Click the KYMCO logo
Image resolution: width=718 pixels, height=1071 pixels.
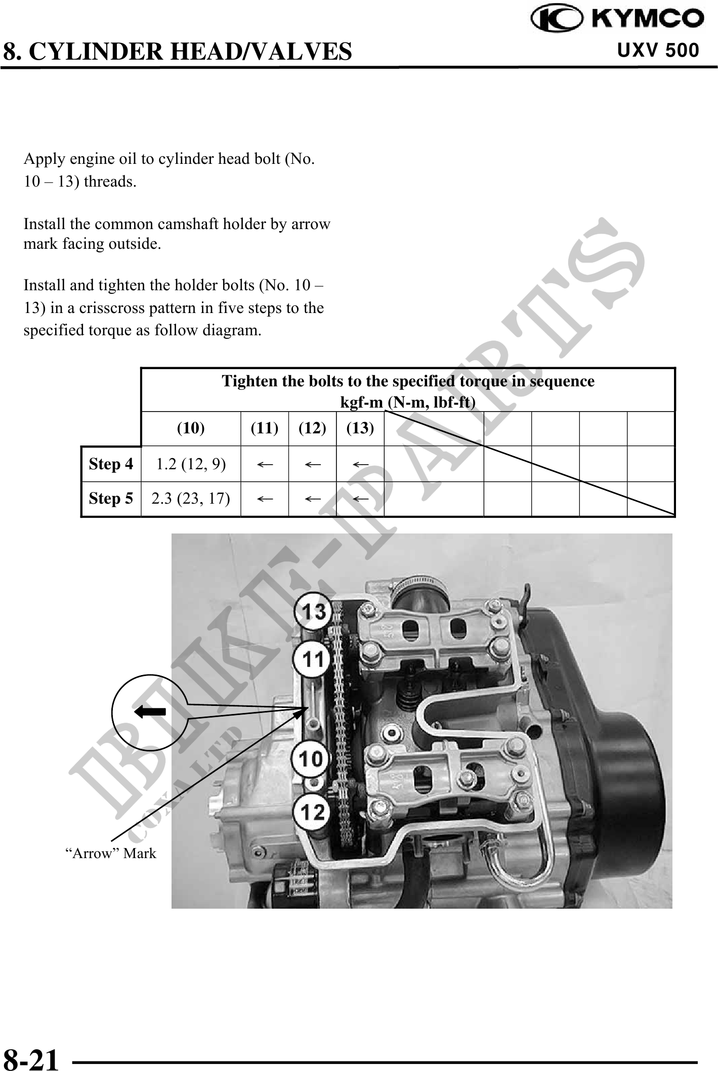(x=617, y=19)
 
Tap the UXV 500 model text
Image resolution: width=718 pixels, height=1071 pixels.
(x=658, y=50)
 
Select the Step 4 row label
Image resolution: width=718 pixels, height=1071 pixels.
(x=111, y=464)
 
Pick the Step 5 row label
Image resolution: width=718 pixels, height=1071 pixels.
(x=111, y=499)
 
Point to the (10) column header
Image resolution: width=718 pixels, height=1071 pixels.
(x=191, y=428)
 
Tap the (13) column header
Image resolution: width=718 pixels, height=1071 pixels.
(x=360, y=428)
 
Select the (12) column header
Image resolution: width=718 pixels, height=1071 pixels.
(x=312, y=428)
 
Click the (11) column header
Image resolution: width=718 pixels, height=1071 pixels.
(x=265, y=428)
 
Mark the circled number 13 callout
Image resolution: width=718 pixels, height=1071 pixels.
(x=314, y=612)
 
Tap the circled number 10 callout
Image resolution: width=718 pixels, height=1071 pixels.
(x=310, y=759)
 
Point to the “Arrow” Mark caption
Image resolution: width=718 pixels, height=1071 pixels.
(x=111, y=854)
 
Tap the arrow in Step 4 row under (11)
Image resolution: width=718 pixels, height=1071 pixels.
(x=265, y=464)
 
